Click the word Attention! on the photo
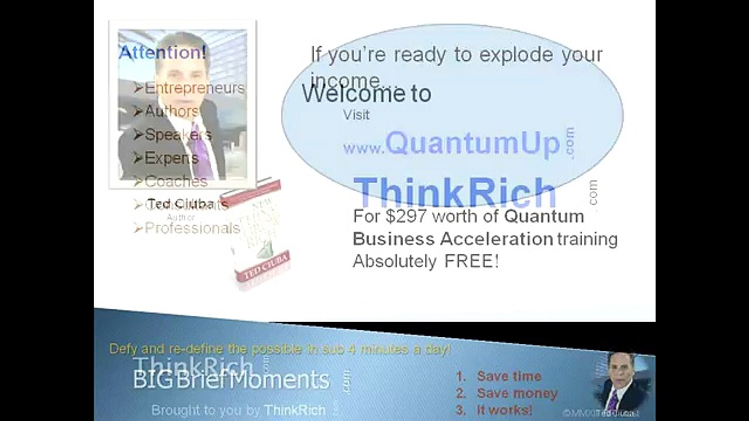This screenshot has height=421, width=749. point(162,53)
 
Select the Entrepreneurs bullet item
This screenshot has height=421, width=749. point(194,88)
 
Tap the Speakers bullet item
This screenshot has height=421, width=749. point(177,134)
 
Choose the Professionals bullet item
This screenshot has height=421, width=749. point(191,228)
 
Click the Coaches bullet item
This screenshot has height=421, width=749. point(176,181)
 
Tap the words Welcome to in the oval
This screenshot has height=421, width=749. point(366,94)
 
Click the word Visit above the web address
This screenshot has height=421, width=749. point(356,115)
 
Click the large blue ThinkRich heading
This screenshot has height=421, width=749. point(455,192)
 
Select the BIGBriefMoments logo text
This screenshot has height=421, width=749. point(231,380)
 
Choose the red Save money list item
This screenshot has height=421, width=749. point(517,394)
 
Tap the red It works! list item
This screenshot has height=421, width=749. point(504,410)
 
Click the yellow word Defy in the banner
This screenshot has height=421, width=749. point(123,349)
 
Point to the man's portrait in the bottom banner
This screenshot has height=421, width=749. point(620,383)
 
